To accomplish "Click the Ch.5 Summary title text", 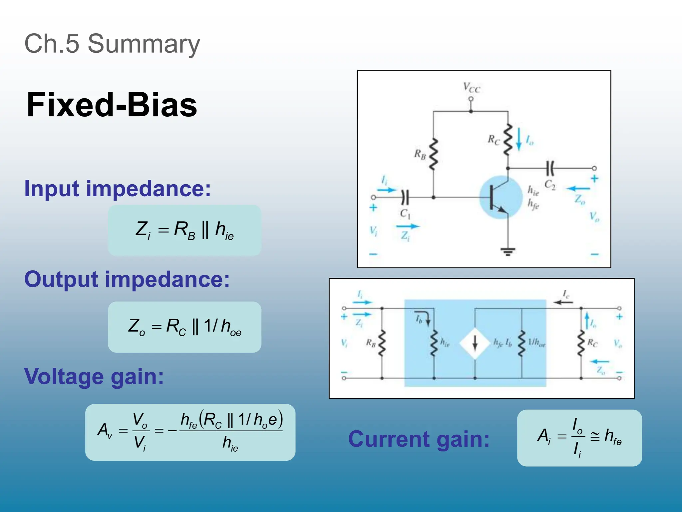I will (112, 44).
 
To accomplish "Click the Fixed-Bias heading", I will (112, 105).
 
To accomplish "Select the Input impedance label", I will (118, 189).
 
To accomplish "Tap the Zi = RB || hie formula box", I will (184, 230).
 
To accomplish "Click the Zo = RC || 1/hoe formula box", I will (184, 327).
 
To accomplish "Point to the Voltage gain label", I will (94, 376).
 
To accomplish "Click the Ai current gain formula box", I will (579, 438).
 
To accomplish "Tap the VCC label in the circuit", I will (471, 88).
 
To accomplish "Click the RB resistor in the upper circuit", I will (433, 154).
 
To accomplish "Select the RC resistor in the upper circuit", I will (508, 139).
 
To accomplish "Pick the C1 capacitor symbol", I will (405, 197).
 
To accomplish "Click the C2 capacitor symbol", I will (550, 168).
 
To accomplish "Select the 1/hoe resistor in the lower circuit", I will (522, 343).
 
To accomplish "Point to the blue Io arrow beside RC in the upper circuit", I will (519, 139).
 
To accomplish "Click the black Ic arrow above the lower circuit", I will (563, 302).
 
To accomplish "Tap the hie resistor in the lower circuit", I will (434, 343).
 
